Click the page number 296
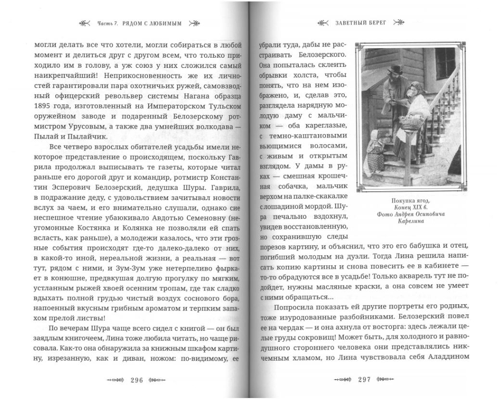(x=137, y=380)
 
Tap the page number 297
(x=364, y=380)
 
